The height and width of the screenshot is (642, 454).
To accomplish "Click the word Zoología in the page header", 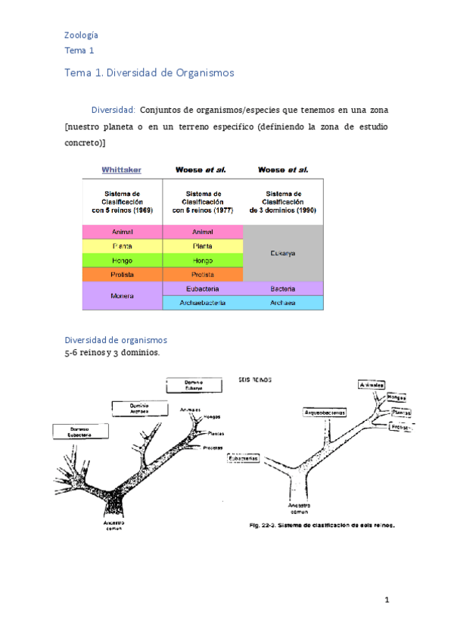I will pyautogui.click(x=81, y=35).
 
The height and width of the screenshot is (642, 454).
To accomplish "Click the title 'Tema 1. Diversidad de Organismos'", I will pyautogui.click(x=149, y=73).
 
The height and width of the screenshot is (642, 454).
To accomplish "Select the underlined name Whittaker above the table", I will pyautogui.click(x=121, y=170).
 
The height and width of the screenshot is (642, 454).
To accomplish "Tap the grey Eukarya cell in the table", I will pyautogui.click(x=282, y=254).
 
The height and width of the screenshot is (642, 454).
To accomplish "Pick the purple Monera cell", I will pyautogui.click(x=122, y=295).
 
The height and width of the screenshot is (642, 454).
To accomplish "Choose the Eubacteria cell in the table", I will pyautogui.click(x=203, y=288).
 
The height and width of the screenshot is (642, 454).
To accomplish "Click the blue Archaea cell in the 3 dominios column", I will pyautogui.click(x=282, y=303).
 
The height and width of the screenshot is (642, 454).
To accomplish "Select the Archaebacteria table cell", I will pyautogui.click(x=203, y=303).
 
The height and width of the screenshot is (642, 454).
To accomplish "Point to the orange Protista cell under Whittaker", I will pyautogui.click(x=122, y=274).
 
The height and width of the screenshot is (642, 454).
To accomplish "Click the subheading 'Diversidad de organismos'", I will pyautogui.click(x=116, y=340).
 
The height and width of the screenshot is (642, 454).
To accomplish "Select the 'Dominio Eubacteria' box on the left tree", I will pyautogui.click(x=80, y=432).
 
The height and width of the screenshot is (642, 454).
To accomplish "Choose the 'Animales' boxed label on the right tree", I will pyautogui.click(x=372, y=385).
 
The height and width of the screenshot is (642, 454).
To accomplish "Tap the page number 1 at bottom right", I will pyautogui.click(x=386, y=600).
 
